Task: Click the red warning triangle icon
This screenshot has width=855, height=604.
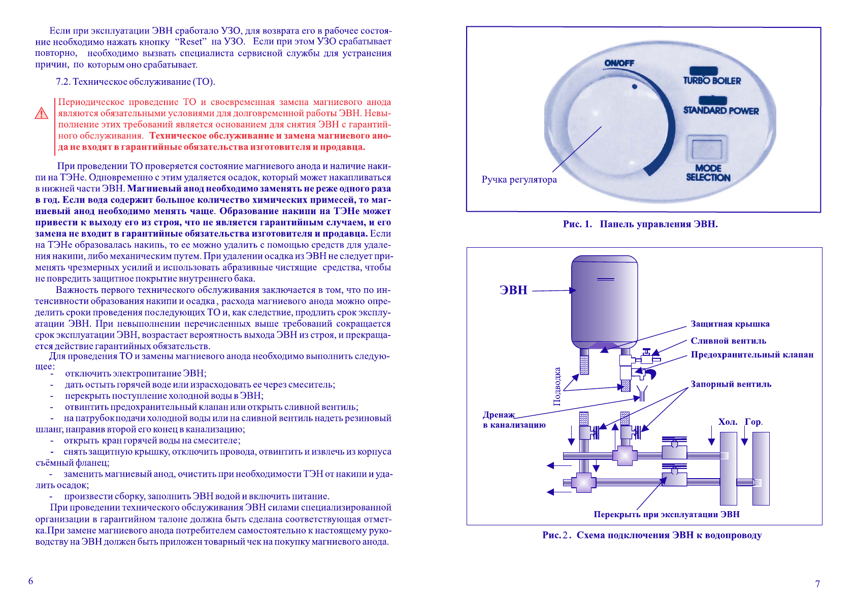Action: (41, 113)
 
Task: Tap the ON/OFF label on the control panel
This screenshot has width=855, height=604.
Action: (619, 63)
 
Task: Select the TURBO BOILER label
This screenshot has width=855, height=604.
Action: (712, 80)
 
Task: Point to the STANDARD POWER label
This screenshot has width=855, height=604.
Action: (720, 110)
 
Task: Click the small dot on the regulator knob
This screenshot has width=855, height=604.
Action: (634, 87)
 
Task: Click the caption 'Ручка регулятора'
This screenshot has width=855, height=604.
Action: (519, 180)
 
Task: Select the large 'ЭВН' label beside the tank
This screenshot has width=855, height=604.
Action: (513, 290)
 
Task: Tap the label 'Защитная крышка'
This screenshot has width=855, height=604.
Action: (730, 324)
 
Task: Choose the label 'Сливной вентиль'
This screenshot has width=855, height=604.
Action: (728, 341)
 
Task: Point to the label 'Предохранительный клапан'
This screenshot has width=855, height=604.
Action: (751, 355)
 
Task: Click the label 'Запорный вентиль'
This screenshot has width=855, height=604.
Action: (731, 384)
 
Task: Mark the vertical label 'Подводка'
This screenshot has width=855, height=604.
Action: (557, 386)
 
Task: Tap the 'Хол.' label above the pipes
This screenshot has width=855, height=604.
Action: (728, 422)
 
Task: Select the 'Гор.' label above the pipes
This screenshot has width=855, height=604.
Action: (753, 422)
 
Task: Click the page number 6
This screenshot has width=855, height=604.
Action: (30, 581)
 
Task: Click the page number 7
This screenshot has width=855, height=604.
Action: (817, 584)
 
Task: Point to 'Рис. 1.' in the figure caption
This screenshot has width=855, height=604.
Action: (577, 224)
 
